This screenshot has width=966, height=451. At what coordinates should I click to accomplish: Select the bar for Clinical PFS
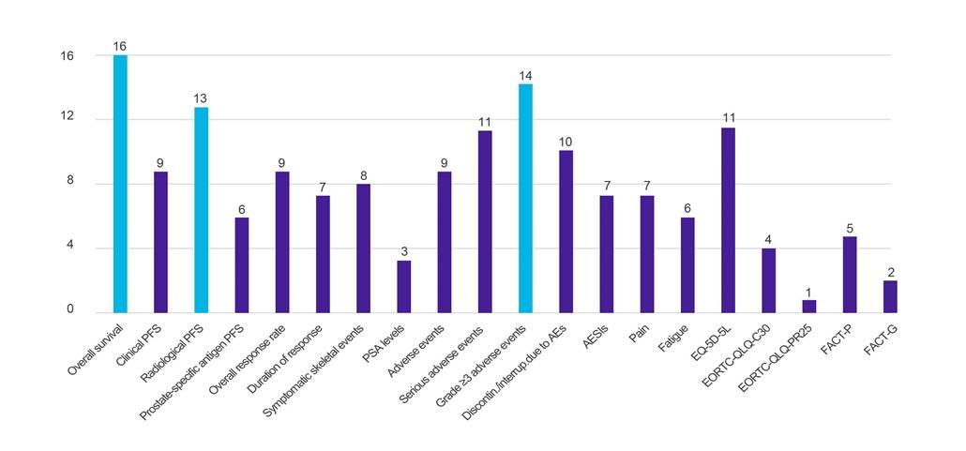[160, 241]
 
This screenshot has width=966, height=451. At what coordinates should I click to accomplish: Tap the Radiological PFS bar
[201, 209]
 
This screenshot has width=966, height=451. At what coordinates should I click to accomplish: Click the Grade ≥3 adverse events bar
[525, 198]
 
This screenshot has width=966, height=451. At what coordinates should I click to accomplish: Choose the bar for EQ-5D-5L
[728, 219]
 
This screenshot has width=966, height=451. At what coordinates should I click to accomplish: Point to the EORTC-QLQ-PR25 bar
[808, 306]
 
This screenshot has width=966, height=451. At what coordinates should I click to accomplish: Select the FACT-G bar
[890, 296]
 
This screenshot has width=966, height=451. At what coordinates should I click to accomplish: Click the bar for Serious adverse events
[485, 221]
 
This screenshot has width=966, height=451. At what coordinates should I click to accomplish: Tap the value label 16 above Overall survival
[120, 46]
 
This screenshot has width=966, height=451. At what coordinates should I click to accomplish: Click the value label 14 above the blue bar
[525, 74]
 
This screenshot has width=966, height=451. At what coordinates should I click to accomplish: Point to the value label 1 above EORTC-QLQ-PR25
[808, 290]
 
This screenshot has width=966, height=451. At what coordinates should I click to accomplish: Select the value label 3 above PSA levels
[403, 251]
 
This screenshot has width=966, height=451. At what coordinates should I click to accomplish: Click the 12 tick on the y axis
[68, 119]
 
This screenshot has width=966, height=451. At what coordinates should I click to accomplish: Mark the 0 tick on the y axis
[71, 311]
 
